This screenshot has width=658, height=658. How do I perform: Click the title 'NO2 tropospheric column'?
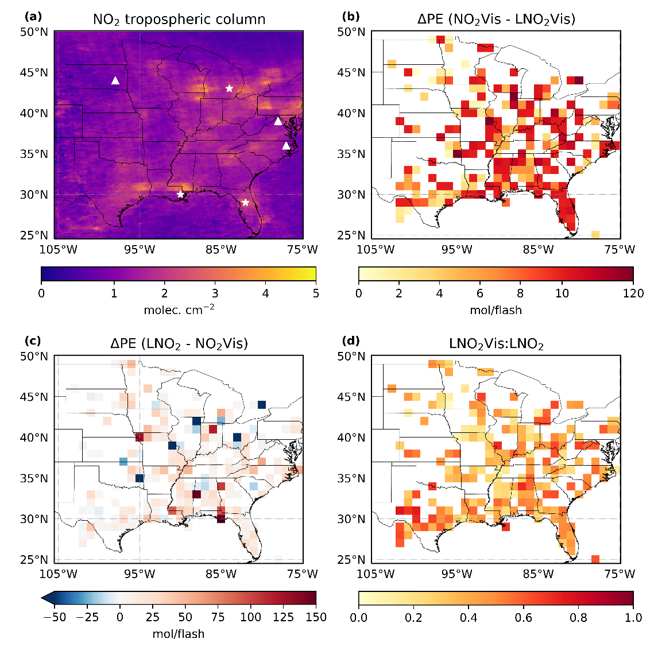(x=179, y=20)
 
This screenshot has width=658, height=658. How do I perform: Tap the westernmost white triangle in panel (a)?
(x=115, y=80)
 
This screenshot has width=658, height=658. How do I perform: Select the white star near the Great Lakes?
(x=230, y=88)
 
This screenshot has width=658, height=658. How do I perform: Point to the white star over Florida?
(x=246, y=202)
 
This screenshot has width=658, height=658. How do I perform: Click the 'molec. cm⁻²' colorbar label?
(x=179, y=310)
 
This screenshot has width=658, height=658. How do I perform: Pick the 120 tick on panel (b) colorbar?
(x=633, y=293)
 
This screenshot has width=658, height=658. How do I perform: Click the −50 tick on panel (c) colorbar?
(x=55, y=617)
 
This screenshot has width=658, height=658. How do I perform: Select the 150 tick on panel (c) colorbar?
(x=316, y=617)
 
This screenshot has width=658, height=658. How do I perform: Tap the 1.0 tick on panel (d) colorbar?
(x=633, y=617)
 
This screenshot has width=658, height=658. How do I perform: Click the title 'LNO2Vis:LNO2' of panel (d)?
(x=496, y=344)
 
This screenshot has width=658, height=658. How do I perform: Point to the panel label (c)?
(x=31, y=340)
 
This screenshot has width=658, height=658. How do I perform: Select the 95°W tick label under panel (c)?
(x=140, y=574)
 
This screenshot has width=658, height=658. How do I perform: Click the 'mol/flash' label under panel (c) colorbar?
(x=179, y=634)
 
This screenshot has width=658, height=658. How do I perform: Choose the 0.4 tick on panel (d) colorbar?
(x=469, y=617)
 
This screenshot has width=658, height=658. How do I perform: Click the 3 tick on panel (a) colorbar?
(x=215, y=293)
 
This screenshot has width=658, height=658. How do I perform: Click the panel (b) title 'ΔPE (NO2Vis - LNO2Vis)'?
(x=496, y=20)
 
